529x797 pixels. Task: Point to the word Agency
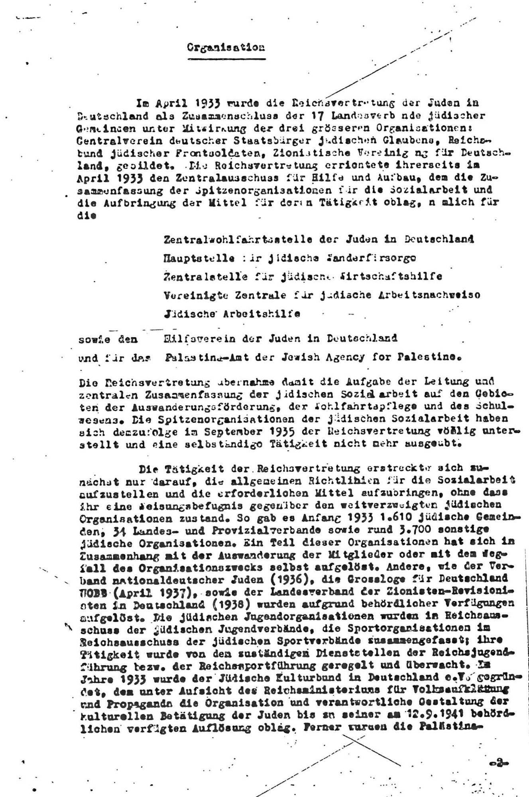(350, 357)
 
